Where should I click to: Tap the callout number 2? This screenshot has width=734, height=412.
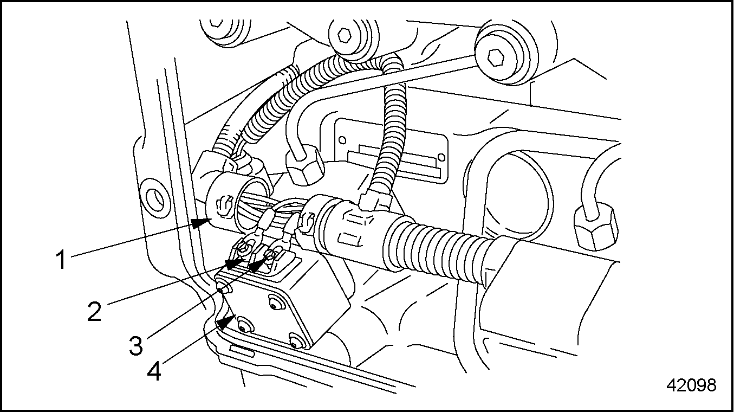click(95, 312)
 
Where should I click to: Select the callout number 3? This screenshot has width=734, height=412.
click(136, 345)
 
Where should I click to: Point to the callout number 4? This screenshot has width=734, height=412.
click(154, 371)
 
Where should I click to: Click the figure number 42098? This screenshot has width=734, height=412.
click(691, 385)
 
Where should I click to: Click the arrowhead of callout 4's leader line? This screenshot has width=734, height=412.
click(226, 323)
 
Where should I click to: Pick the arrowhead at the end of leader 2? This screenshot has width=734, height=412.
click(235, 263)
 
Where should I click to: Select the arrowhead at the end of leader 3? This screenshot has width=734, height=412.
click(258, 263)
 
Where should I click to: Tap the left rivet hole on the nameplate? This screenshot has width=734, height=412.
click(342, 140)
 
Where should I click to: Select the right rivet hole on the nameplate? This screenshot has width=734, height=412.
click(441, 157)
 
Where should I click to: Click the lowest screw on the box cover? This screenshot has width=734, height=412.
click(296, 343)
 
